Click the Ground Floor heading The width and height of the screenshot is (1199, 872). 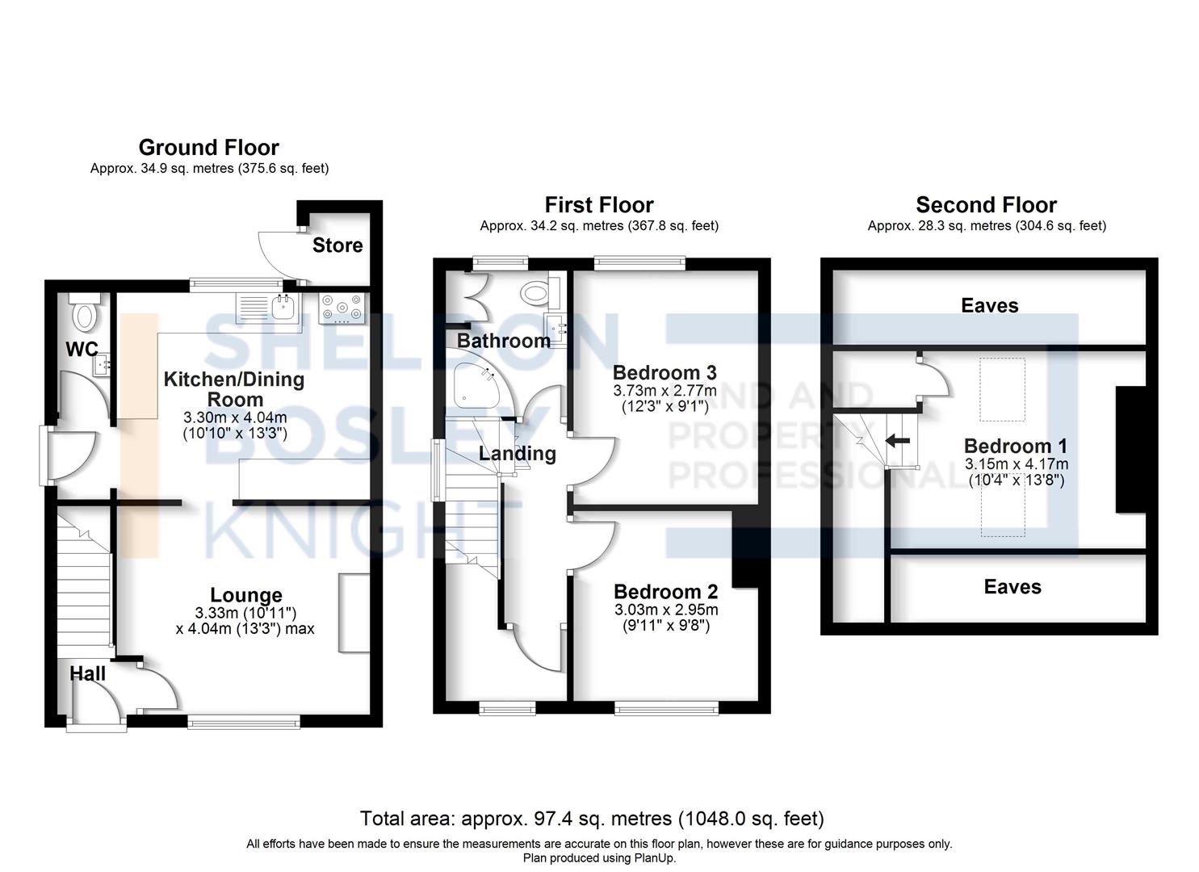tap(208, 148)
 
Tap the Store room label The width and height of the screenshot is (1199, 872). tap(337, 245)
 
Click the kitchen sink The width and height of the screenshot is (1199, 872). tap(282, 306)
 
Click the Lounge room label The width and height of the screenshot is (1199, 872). tap(246, 595)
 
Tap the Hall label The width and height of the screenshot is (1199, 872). tap(87, 673)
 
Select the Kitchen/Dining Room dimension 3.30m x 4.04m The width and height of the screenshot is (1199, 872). tap(235, 417)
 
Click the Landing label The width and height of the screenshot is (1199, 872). tap(517, 454)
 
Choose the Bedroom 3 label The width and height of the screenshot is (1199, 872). tap(664, 372)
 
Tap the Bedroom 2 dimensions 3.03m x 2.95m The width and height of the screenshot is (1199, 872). tap(665, 610)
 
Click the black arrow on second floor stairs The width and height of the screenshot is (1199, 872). tap(897, 441)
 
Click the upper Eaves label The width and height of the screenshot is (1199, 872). tap(989, 305)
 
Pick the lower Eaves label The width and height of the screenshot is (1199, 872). tap(1012, 587)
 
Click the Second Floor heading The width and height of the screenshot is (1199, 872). tap(986, 205)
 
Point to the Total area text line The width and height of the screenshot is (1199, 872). tap(592, 819)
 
